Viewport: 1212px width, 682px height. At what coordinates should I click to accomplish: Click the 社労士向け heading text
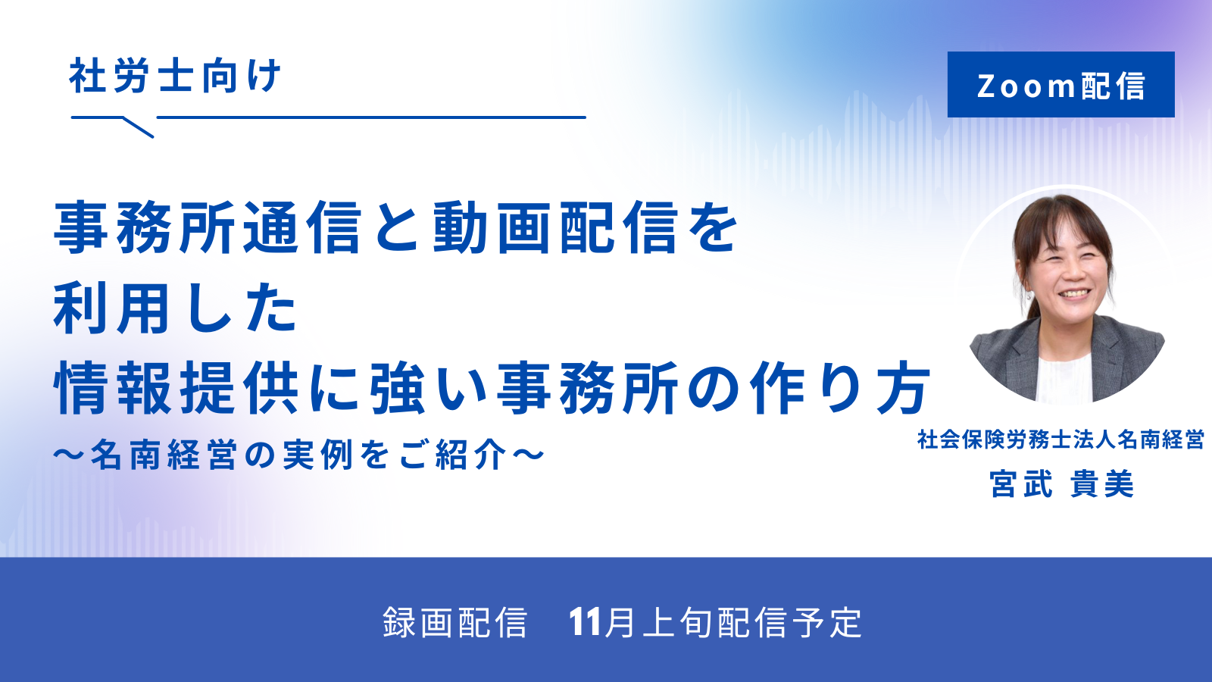click(175, 76)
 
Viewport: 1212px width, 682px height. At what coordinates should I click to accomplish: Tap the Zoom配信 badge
click(1060, 84)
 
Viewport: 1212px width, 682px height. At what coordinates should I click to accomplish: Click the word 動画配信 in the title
click(556, 227)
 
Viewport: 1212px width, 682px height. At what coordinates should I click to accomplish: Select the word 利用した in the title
click(175, 308)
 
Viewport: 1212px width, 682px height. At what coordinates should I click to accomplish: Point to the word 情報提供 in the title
click(176, 387)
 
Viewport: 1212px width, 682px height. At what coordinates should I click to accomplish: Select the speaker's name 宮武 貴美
click(1061, 483)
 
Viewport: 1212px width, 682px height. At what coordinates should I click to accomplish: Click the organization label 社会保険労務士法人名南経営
click(1060, 440)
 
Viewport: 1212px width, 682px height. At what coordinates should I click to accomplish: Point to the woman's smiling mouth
click(1074, 294)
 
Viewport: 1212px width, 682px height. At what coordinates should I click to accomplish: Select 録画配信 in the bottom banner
click(454, 622)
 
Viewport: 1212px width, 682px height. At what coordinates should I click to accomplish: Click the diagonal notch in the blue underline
click(139, 127)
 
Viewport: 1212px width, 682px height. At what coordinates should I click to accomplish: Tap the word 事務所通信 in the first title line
click(208, 227)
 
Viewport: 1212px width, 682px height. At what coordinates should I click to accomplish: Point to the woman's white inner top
click(1064, 379)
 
